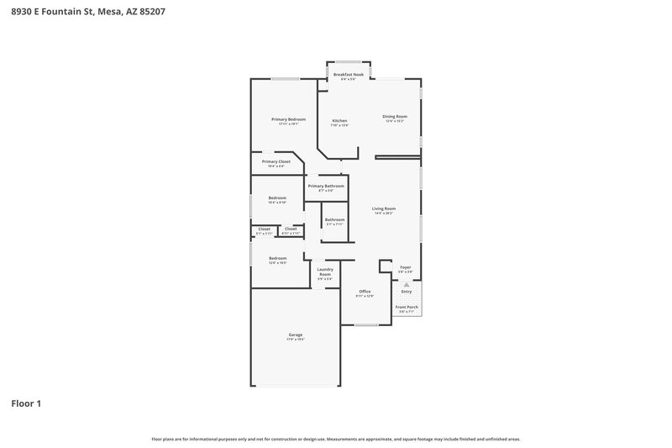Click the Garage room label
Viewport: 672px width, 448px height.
296,335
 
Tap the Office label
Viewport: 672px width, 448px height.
365,292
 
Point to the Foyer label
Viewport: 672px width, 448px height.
405,267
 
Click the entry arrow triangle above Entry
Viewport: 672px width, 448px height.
407,285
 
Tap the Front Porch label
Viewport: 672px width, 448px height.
406,307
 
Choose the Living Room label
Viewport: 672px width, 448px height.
384,208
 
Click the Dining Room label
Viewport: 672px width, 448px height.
395,116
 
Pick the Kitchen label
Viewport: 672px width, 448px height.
339,121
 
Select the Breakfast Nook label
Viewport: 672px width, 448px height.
348,75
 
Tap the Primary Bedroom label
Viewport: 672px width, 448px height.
288,119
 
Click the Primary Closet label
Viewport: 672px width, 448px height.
276,161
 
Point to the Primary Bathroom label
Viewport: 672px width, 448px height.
326,186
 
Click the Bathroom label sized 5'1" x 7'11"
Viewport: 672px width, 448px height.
334,219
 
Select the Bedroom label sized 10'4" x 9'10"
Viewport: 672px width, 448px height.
277,198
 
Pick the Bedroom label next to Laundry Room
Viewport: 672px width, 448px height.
277,258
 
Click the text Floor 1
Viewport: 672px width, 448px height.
26,403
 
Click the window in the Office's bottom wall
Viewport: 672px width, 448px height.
366,324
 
